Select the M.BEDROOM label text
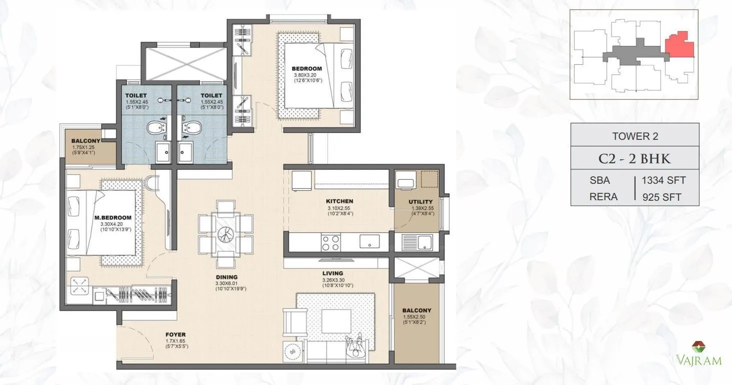pos(113,218)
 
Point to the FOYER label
pos(175,335)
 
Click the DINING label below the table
pos(227,277)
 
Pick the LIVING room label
pos(332,273)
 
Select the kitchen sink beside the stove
pos(370,242)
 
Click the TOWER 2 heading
pos(635,136)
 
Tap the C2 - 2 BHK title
pos(635,159)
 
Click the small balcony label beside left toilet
pos(86,141)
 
